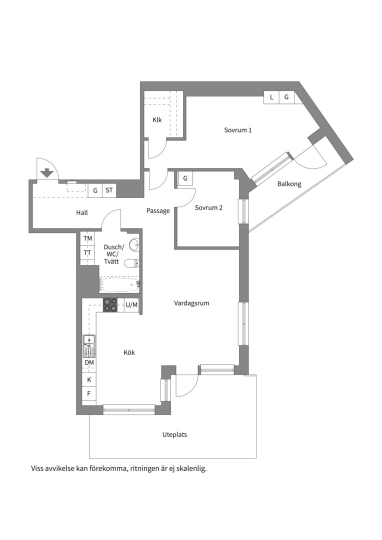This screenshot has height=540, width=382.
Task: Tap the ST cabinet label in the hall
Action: pos(109,190)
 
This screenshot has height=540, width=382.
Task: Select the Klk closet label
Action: pos(157,120)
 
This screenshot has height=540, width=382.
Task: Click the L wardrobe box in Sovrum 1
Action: pos(271,97)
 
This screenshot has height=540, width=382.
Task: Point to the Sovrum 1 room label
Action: pos(237,130)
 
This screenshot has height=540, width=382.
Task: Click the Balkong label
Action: pos(289,184)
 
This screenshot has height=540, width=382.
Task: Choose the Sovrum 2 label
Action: pos(208,207)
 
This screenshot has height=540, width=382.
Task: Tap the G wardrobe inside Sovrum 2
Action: pos(185,178)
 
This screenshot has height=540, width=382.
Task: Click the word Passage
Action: pos(158,211)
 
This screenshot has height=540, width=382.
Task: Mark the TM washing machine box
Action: pos(87,238)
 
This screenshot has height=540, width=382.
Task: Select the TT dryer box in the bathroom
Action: pos(87,253)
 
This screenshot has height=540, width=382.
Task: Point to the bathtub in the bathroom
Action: pos(119,284)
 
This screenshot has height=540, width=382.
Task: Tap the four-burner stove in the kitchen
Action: pos(110,305)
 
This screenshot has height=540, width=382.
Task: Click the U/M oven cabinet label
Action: pos(131,305)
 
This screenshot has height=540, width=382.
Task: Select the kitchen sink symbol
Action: pos(89,346)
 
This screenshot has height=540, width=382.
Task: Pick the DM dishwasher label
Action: pos(89,362)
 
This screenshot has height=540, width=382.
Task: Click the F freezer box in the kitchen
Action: pos(89,393)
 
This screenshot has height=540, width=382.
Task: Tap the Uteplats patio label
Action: pos(174,435)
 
